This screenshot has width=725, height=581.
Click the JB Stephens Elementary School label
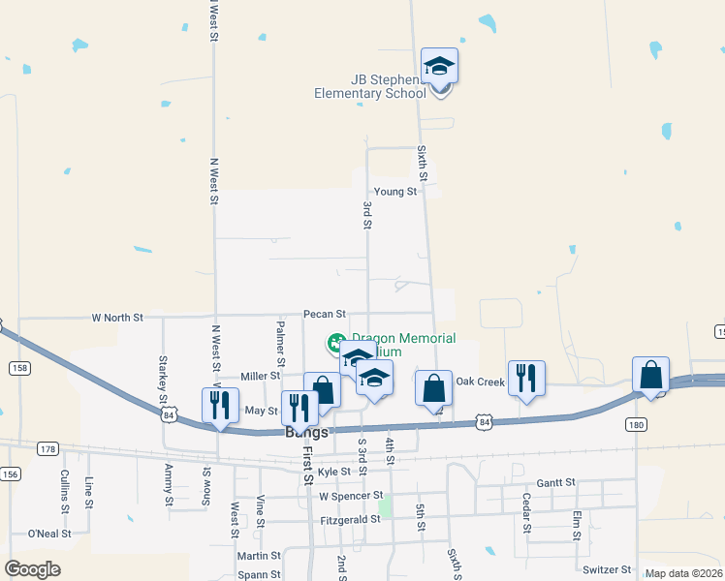coord(369,86)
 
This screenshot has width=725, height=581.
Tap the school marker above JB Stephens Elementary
coord(439,68)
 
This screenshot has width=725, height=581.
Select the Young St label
coord(395,192)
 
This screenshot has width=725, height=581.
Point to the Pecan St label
coord(324,314)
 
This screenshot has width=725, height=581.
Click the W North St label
coord(116,317)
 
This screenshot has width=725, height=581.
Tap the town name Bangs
coord(306,432)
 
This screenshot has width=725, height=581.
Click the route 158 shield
coord(18,368)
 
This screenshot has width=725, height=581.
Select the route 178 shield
coord(47,448)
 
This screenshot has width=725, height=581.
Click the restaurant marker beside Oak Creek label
coord(525,379)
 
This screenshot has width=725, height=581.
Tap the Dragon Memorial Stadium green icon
coord(335,343)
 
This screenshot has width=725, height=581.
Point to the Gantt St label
coord(555,481)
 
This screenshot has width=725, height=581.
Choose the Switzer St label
coord(607,569)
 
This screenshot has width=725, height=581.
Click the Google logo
coord(32,569)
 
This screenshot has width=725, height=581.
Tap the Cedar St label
coord(526,512)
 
